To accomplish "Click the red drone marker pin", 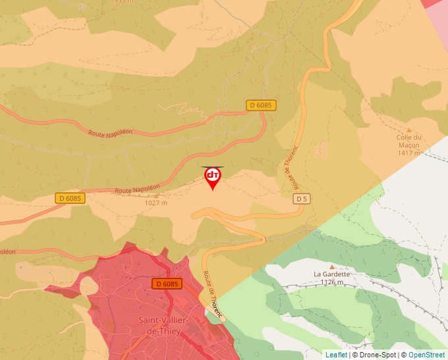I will pos(212,177).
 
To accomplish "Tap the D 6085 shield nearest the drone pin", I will pos(261,105).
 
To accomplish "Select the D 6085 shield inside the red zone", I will pos(167,284).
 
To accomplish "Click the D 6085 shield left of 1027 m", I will pos(70,198).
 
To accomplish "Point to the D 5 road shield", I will pos(302,198).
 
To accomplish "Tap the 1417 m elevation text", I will pos(408,153).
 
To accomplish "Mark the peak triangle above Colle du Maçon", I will pos(408,130).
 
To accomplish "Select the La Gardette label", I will pos(331,274).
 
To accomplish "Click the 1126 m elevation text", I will pos(331,282).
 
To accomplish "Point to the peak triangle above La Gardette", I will pos(331,267).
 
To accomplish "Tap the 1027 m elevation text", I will pos(156,203).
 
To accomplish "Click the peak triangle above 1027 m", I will pos(156,195).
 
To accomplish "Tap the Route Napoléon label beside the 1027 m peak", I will pos(137,188).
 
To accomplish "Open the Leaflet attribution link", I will pos(336,355).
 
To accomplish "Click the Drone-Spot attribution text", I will pos(378,355).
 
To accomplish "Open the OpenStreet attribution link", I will pos(426,355).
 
